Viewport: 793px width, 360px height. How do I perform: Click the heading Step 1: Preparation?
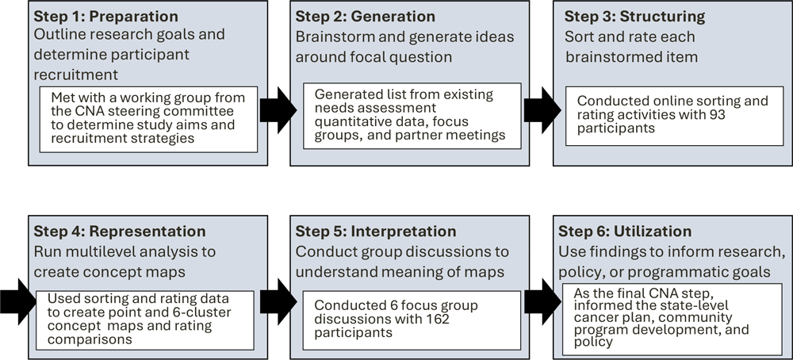[105, 17]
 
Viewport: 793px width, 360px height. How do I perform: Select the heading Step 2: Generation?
[365, 17]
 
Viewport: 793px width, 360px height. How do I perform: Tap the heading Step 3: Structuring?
[626, 17]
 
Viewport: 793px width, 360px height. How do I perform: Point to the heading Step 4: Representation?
[119, 232]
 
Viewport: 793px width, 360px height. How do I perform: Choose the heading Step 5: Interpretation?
[376, 232]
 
